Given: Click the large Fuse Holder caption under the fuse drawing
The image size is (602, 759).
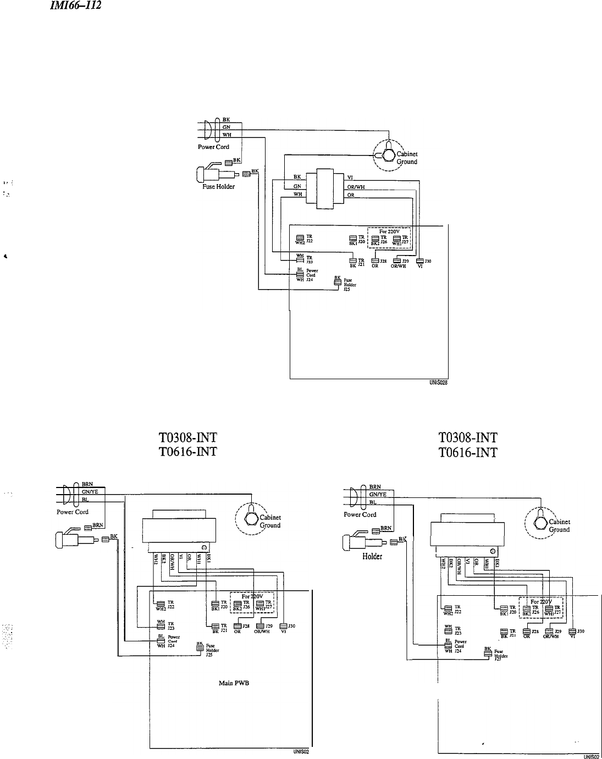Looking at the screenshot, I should point(218,186).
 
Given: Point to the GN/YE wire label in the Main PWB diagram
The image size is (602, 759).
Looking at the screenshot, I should point(90,492).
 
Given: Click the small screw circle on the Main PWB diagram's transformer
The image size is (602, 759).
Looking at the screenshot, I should point(204,548).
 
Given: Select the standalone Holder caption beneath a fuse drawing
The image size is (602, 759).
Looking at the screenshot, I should point(372,556).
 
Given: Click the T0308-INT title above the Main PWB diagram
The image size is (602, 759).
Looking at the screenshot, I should point(187,437).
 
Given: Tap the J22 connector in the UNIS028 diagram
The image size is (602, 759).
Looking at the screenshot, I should point(300,238).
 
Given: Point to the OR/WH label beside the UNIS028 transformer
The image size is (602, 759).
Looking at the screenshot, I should point(356,186).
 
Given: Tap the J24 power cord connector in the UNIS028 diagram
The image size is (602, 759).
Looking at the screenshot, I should point(300,275).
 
